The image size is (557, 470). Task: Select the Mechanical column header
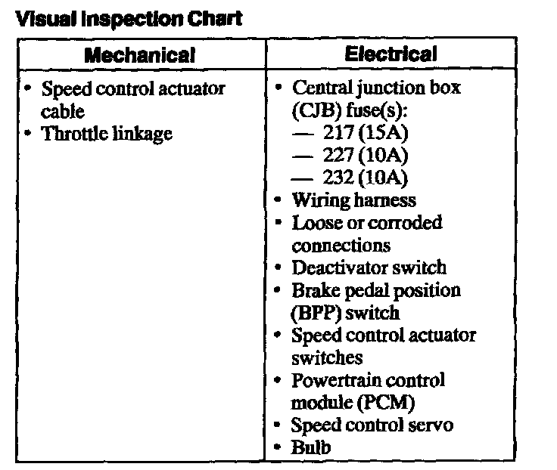click(140, 55)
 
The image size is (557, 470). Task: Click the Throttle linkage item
click(107, 134)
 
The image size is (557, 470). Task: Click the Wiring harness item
click(354, 200)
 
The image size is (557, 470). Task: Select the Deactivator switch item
click(369, 267)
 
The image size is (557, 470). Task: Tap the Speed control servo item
click(372, 425)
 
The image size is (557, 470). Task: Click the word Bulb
click(311, 447)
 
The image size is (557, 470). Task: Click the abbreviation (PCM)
click(390, 403)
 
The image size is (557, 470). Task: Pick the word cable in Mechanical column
click(59, 111)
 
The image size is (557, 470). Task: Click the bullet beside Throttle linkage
click(27, 133)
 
